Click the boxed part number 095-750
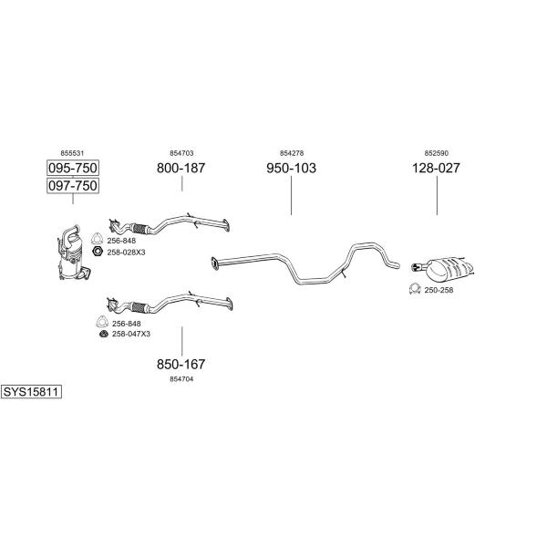(x=73, y=168)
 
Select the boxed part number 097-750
(x=73, y=186)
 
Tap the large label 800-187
(x=181, y=168)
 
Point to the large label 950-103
(x=292, y=168)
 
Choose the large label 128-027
(x=436, y=168)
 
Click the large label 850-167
(x=181, y=364)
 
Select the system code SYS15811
(x=31, y=392)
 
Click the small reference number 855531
(x=72, y=153)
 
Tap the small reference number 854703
(x=181, y=153)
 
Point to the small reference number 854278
(x=292, y=153)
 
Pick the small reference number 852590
(x=437, y=153)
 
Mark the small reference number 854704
(x=181, y=379)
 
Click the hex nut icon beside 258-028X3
(x=98, y=251)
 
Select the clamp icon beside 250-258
(x=415, y=289)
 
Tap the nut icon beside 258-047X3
(x=104, y=334)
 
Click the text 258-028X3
(x=126, y=253)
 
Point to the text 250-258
(x=439, y=290)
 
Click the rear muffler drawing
(x=444, y=269)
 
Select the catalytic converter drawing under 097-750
(x=74, y=253)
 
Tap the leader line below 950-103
(x=292, y=195)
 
